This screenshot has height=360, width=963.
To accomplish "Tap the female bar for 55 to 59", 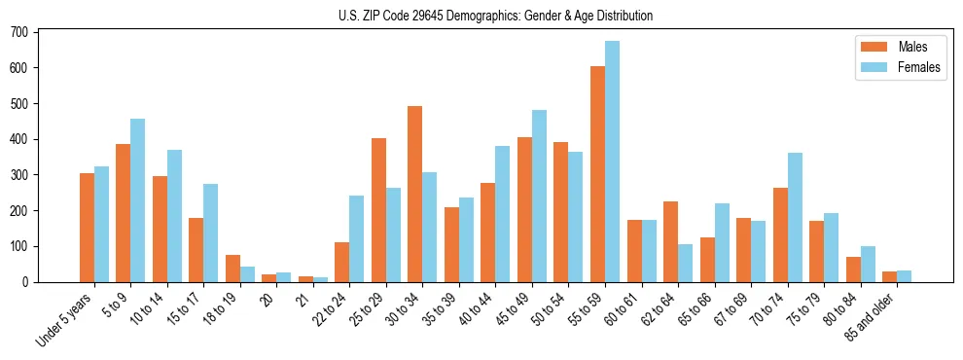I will [x=612, y=162].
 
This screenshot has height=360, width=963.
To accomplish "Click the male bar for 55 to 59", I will [x=597, y=174].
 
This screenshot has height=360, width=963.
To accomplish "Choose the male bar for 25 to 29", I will [x=378, y=210].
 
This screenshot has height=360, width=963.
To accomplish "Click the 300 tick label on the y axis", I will [x=21, y=175].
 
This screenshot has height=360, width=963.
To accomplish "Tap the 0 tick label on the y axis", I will [x=27, y=282].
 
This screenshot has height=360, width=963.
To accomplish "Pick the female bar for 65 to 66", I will [x=722, y=243].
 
